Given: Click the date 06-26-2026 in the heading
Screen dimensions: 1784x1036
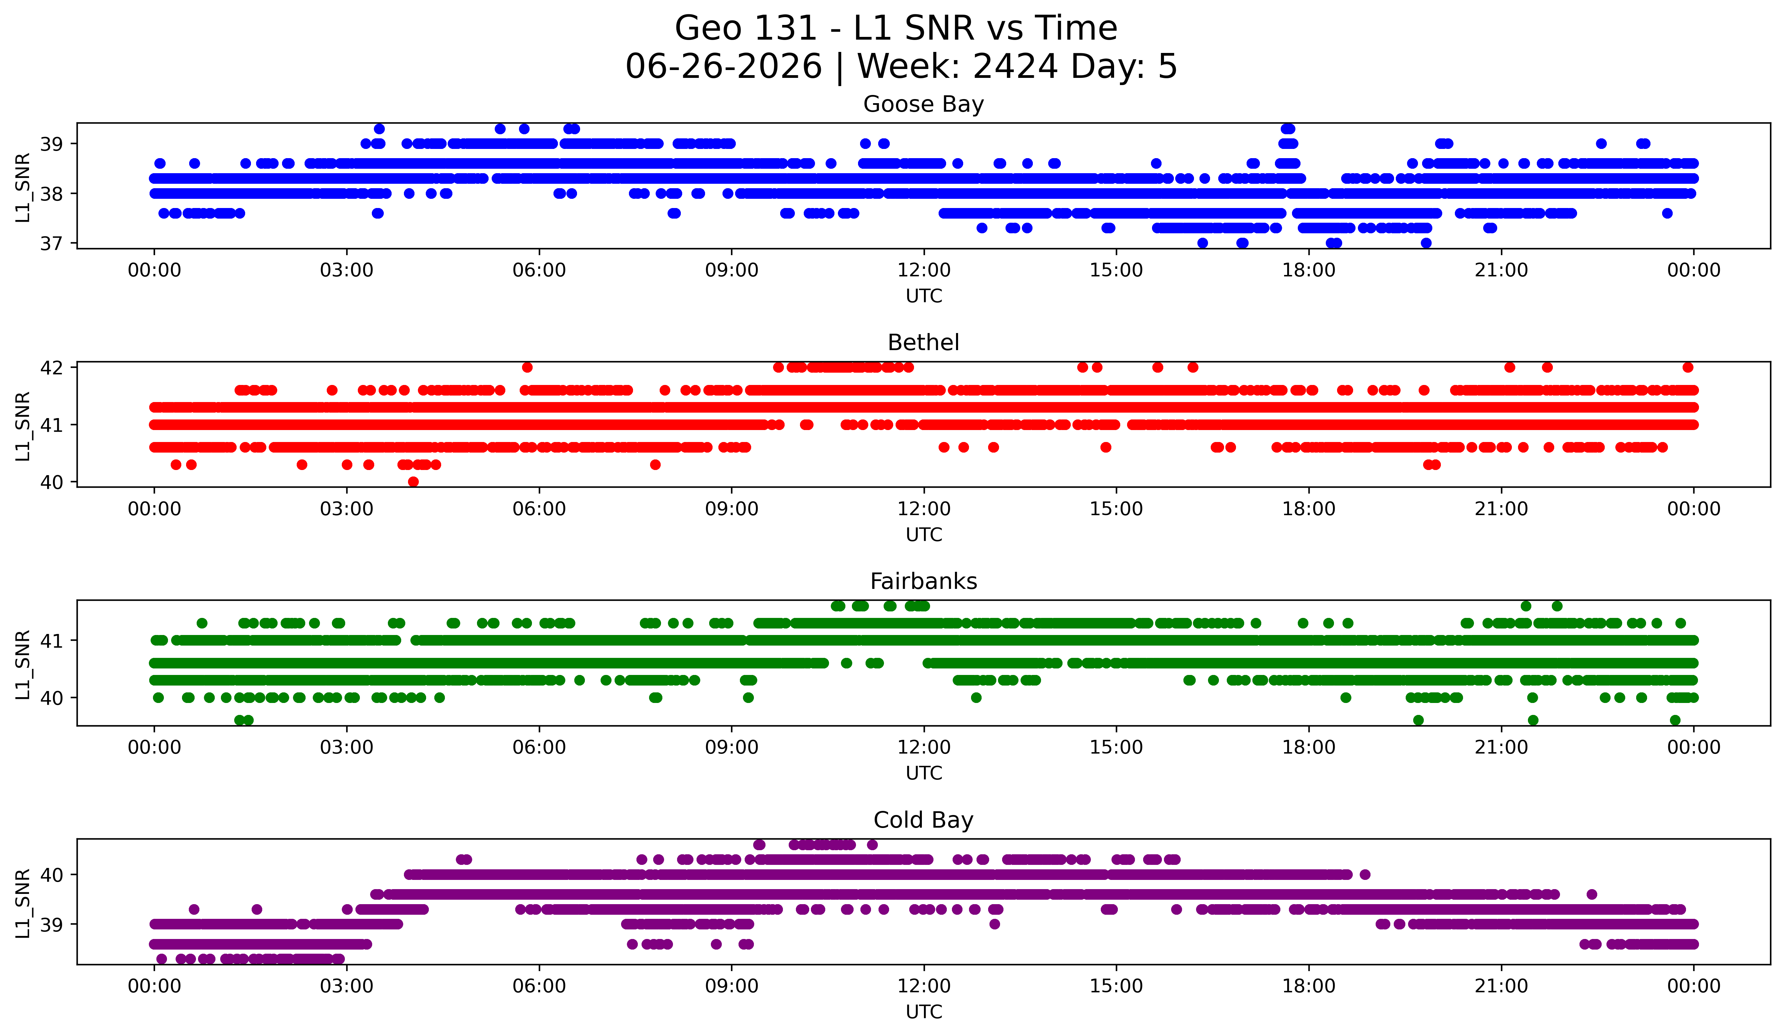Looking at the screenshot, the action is click(x=724, y=67).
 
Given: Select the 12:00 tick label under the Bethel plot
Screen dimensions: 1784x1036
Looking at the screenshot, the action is click(x=924, y=509).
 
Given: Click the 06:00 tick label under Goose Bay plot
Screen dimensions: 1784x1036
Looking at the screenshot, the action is click(x=539, y=270).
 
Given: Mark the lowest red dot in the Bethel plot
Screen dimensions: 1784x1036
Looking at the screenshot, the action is click(x=413, y=482).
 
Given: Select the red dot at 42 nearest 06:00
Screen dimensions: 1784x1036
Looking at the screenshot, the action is click(x=527, y=367).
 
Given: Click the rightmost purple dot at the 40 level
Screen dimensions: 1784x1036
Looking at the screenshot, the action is click(x=1365, y=874).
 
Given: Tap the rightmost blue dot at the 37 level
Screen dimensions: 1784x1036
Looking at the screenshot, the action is click(x=1427, y=243).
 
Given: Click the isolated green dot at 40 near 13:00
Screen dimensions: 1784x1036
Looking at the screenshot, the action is click(x=976, y=697).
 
